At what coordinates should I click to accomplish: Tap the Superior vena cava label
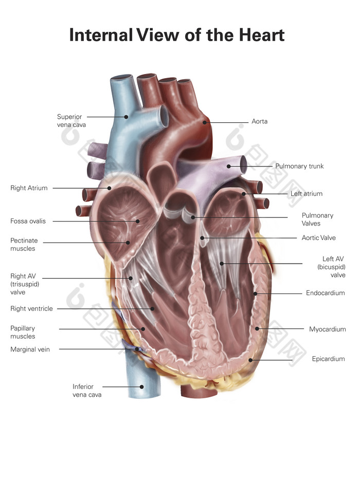pyautogui.click(x=71, y=121)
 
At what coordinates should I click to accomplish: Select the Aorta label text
pyautogui.click(x=259, y=122)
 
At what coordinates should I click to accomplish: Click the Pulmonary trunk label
pyautogui.click(x=299, y=167)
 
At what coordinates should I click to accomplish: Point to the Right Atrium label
pyautogui.click(x=29, y=188)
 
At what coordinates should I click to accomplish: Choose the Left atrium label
pyautogui.click(x=306, y=194)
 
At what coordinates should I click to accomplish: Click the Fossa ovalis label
pyautogui.click(x=28, y=221)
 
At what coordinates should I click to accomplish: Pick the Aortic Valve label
pyautogui.click(x=318, y=238)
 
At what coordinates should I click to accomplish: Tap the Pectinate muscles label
pyautogui.click(x=24, y=245)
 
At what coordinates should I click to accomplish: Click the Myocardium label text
pyautogui.click(x=327, y=329)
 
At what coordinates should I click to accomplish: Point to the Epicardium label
pyautogui.click(x=328, y=359)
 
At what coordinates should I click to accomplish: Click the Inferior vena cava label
pyautogui.click(x=87, y=391)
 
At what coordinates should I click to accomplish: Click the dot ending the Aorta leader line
pyautogui.click(x=205, y=122)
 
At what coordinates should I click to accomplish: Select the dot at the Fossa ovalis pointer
pyautogui.click(x=138, y=221)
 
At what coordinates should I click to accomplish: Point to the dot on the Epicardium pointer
pyautogui.click(x=250, y=360)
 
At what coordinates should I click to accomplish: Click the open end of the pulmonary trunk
pyautogui.click(x=243, y=165)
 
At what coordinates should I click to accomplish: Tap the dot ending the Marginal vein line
pyautogui.click(x=137, y=349)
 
